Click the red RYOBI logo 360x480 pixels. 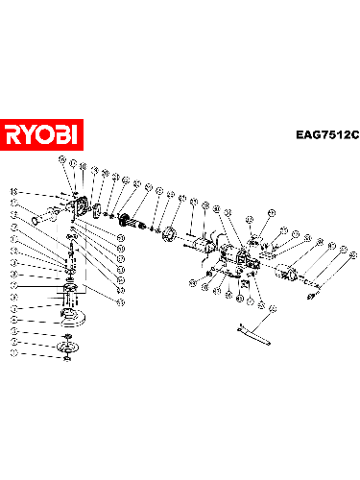click(43, 133)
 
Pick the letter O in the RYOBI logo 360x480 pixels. click(46, 133)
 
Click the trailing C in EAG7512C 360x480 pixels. click(352, 135)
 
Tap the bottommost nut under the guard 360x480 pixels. click(68, 361)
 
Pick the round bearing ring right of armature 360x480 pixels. click(167, 233)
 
